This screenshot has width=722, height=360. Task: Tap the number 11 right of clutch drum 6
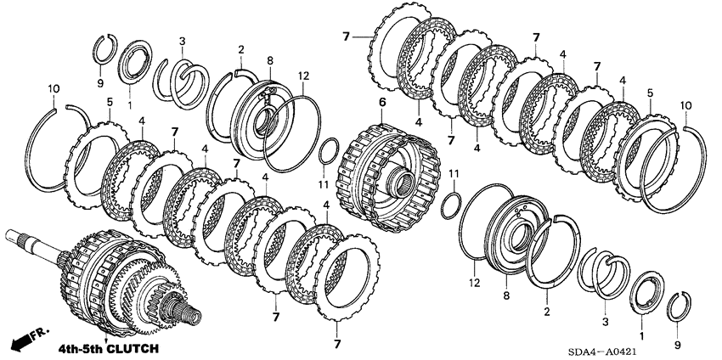[454, 174]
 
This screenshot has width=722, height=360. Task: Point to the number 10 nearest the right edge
[686, 105]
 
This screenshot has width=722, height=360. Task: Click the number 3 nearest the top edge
[182, 41]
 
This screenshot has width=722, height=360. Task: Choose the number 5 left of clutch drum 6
[109, 102]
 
